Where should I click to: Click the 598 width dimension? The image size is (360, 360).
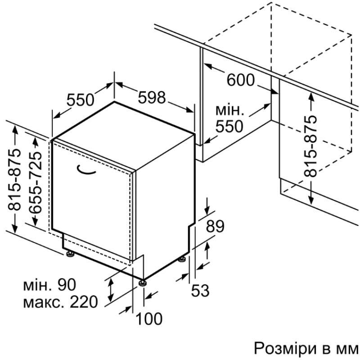pyautogui.click(x=152, y=97)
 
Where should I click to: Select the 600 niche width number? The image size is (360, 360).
pyautogui.click(x=241, y=80)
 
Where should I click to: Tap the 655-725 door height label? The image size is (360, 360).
pyautogui.click(x=36, y=183)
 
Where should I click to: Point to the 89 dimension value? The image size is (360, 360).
pyautogui.click(x=215, y=227)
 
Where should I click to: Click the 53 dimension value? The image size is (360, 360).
pyautogui.click(x=200, y=290)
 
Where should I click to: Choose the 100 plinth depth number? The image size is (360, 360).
pyautogui.click(x=149, y=319)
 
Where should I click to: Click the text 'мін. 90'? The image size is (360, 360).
pyautogui.click(x=49, y=285)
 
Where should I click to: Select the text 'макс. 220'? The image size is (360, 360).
pyautogui.click(x=61, y=302)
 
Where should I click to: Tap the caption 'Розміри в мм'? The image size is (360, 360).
pyautogui.click(x=306, y=348)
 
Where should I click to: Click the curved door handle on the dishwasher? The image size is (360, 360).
pyautogui.click(x=85, y=171)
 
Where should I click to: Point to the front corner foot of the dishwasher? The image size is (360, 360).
pyautogui.click(x=143, y=283)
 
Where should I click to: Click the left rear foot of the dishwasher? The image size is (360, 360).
pyautogui.click(x=70, y=253)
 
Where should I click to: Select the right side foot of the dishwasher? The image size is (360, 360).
pyautogui.click(x=182, y=259)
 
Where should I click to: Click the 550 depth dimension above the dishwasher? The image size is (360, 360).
pyautogui.click(x=81, y=100)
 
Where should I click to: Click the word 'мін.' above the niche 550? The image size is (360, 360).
pyautogui.click(x=229, y=110)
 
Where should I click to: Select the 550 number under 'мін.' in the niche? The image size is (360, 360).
pyautogui.click(x=229, y=126)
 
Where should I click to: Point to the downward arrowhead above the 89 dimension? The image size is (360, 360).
pyautogui.click(x=207, y=209)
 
